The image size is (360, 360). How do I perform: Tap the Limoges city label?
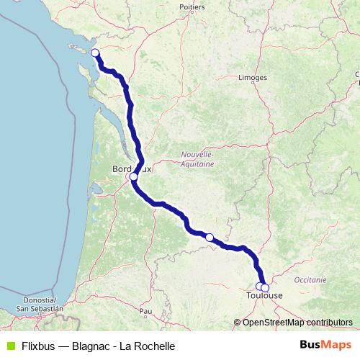[x=253, y=77]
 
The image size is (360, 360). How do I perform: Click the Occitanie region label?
[x=310, y=279]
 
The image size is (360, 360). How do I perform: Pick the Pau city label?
[x=147, y=311]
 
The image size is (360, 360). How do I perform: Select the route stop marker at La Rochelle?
[x=94, y=53]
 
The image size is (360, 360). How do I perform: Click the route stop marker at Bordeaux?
[x=133, y=176]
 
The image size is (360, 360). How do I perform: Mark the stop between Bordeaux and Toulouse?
[x=209, y=237]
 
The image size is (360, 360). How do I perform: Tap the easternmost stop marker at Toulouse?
[x=265, y=288]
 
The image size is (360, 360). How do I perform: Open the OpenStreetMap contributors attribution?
[x=297, y=322]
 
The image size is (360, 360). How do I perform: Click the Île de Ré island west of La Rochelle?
[x=81, y=50]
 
